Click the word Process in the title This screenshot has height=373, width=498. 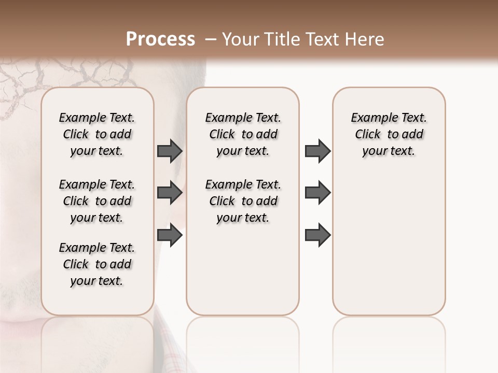(160, 39)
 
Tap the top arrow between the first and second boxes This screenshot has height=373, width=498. (170, 151)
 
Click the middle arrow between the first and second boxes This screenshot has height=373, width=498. (170, 193)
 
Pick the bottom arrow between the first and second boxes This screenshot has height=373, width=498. (170, 235)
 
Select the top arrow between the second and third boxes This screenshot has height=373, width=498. (317, 151)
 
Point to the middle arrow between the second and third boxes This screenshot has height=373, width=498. (317, 193)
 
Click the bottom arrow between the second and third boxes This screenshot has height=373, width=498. (317, 235)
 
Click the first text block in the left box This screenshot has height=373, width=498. (97, 134)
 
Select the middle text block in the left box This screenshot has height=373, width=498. (97, 201)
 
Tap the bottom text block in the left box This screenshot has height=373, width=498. (97, 264)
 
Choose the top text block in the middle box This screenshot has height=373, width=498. (243, 134)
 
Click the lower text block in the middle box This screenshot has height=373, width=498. (243, 201)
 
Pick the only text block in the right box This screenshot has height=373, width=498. (389, 134)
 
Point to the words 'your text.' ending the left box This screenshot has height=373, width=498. (97, 281)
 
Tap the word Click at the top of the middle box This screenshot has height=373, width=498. (222, 134)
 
